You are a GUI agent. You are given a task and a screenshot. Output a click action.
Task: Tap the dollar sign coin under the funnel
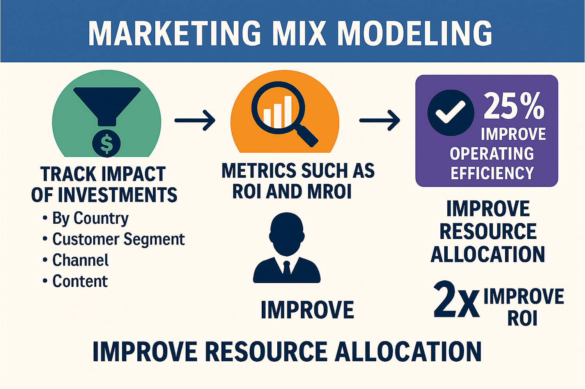pyautogui.click(x=106, y=143)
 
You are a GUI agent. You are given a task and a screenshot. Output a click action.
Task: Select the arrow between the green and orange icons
pyautogui.click(x=195, y=120)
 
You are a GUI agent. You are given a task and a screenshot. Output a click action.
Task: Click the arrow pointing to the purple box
pyautogui.click(x=379, y=120)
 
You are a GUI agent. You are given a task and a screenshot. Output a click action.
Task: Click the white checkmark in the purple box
pyautogui.click(x=450, y=113)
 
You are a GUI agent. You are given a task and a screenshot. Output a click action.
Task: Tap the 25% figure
pyautogui.click(x=514, y=106)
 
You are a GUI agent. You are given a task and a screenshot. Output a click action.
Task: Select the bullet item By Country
pyautogui.click(x=90, y=218)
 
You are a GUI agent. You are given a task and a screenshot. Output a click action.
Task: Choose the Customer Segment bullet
pyautogui.click(x=118, y=239)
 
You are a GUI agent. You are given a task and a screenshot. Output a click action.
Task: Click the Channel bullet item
pyautogui.click(x=80, y=260)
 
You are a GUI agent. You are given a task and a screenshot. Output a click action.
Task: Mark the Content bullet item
pyautogui.click(x=80, y=281)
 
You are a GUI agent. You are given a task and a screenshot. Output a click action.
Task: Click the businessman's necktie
pyautogui.click(x=287, y=269)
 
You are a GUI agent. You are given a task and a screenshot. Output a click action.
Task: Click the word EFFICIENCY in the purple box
pyautogui.click(x=492, y=173)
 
